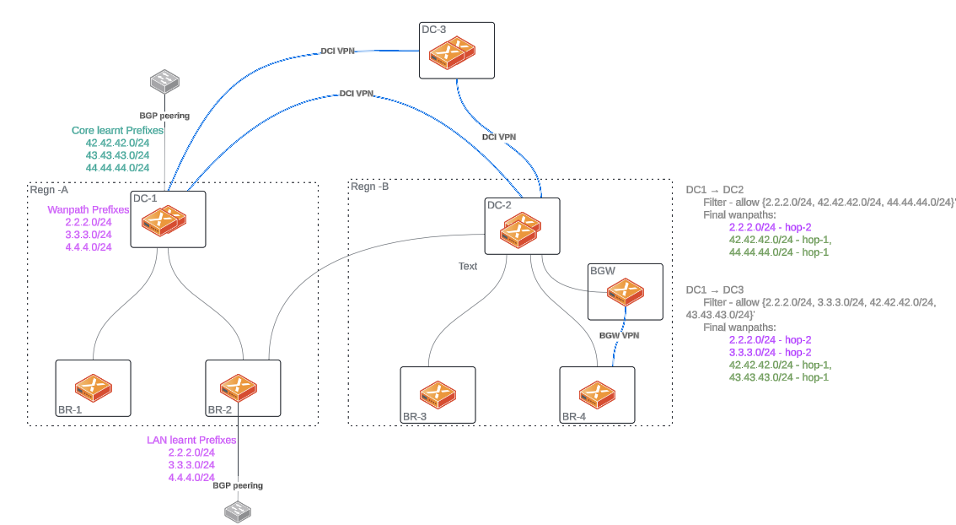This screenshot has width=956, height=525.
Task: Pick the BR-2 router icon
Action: pos(238,387)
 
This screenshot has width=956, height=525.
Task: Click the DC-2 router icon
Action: pos(520,229)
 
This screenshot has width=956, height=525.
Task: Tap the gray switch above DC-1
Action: pos(164,82)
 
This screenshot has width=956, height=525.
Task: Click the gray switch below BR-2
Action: pos(238,510)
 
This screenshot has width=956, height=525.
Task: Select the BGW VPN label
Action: pos(619,335)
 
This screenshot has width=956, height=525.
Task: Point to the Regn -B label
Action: pos(370,187)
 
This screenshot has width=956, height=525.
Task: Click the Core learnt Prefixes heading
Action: pos(117,131)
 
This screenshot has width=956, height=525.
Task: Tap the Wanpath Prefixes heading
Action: pos(88,209)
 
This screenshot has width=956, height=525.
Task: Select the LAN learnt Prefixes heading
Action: pos(191,440)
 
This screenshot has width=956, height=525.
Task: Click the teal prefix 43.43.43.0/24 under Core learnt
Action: pos(117,155)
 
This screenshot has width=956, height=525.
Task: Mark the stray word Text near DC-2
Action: pos(468,266)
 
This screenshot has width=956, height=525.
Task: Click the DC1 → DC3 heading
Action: pos(714,290)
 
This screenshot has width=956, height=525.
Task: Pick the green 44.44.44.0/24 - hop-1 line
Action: pos(778,252)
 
